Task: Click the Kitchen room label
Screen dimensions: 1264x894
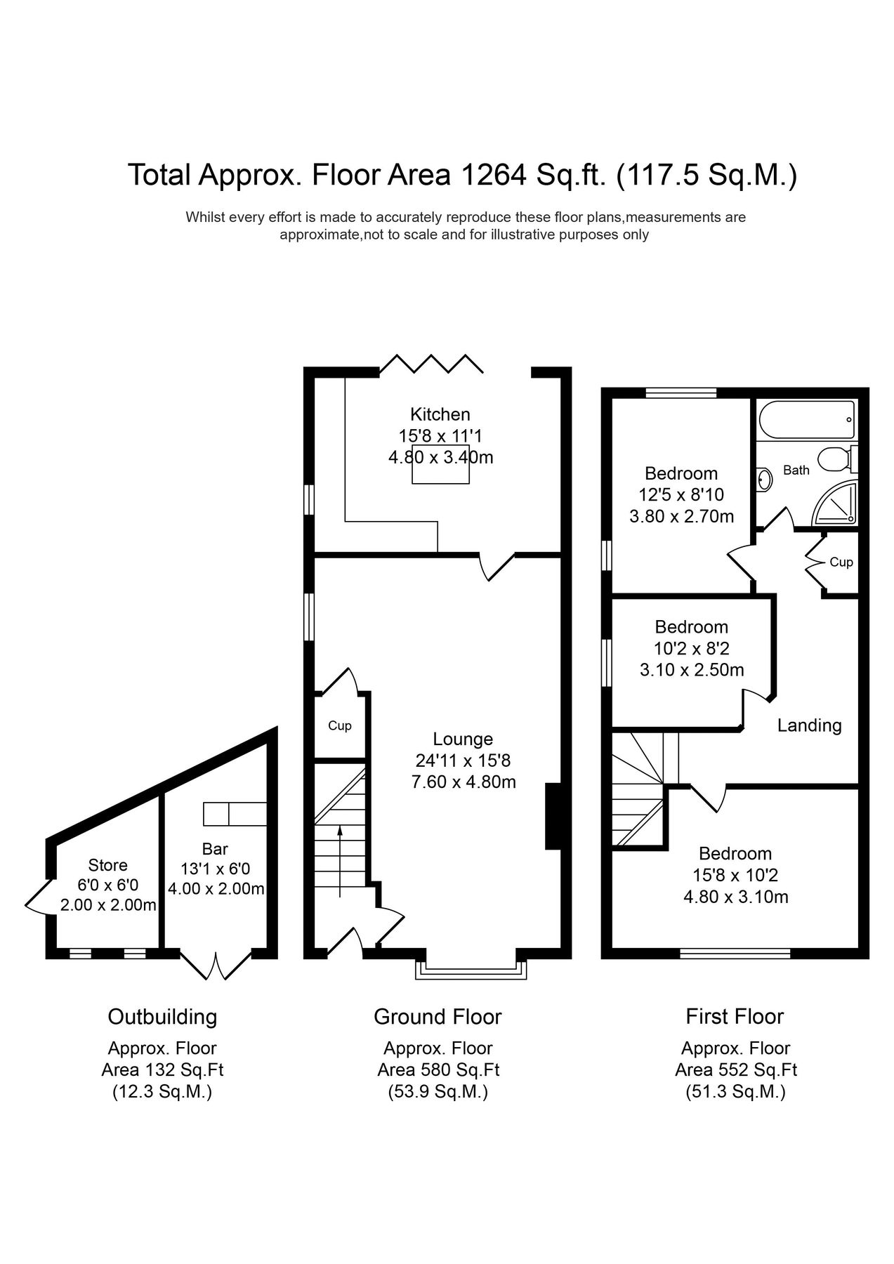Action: point(440,414)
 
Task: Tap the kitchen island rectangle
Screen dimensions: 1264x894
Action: point(440,465)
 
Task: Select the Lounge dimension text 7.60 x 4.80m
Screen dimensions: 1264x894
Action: point(464,782)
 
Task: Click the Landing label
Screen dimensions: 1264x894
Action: point(809,725)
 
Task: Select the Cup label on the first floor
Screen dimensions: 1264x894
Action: point(841,562)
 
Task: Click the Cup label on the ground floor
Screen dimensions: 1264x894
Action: point(340,726)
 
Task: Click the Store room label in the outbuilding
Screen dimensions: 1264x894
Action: point(107,865)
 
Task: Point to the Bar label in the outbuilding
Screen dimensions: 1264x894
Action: point(215,850)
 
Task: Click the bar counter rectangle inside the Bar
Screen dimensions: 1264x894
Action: point(235,814)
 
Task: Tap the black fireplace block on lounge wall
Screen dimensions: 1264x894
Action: point(553,817)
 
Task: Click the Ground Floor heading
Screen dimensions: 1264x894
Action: point(438,1016)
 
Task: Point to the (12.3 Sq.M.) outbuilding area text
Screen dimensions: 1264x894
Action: point(162,1092)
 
